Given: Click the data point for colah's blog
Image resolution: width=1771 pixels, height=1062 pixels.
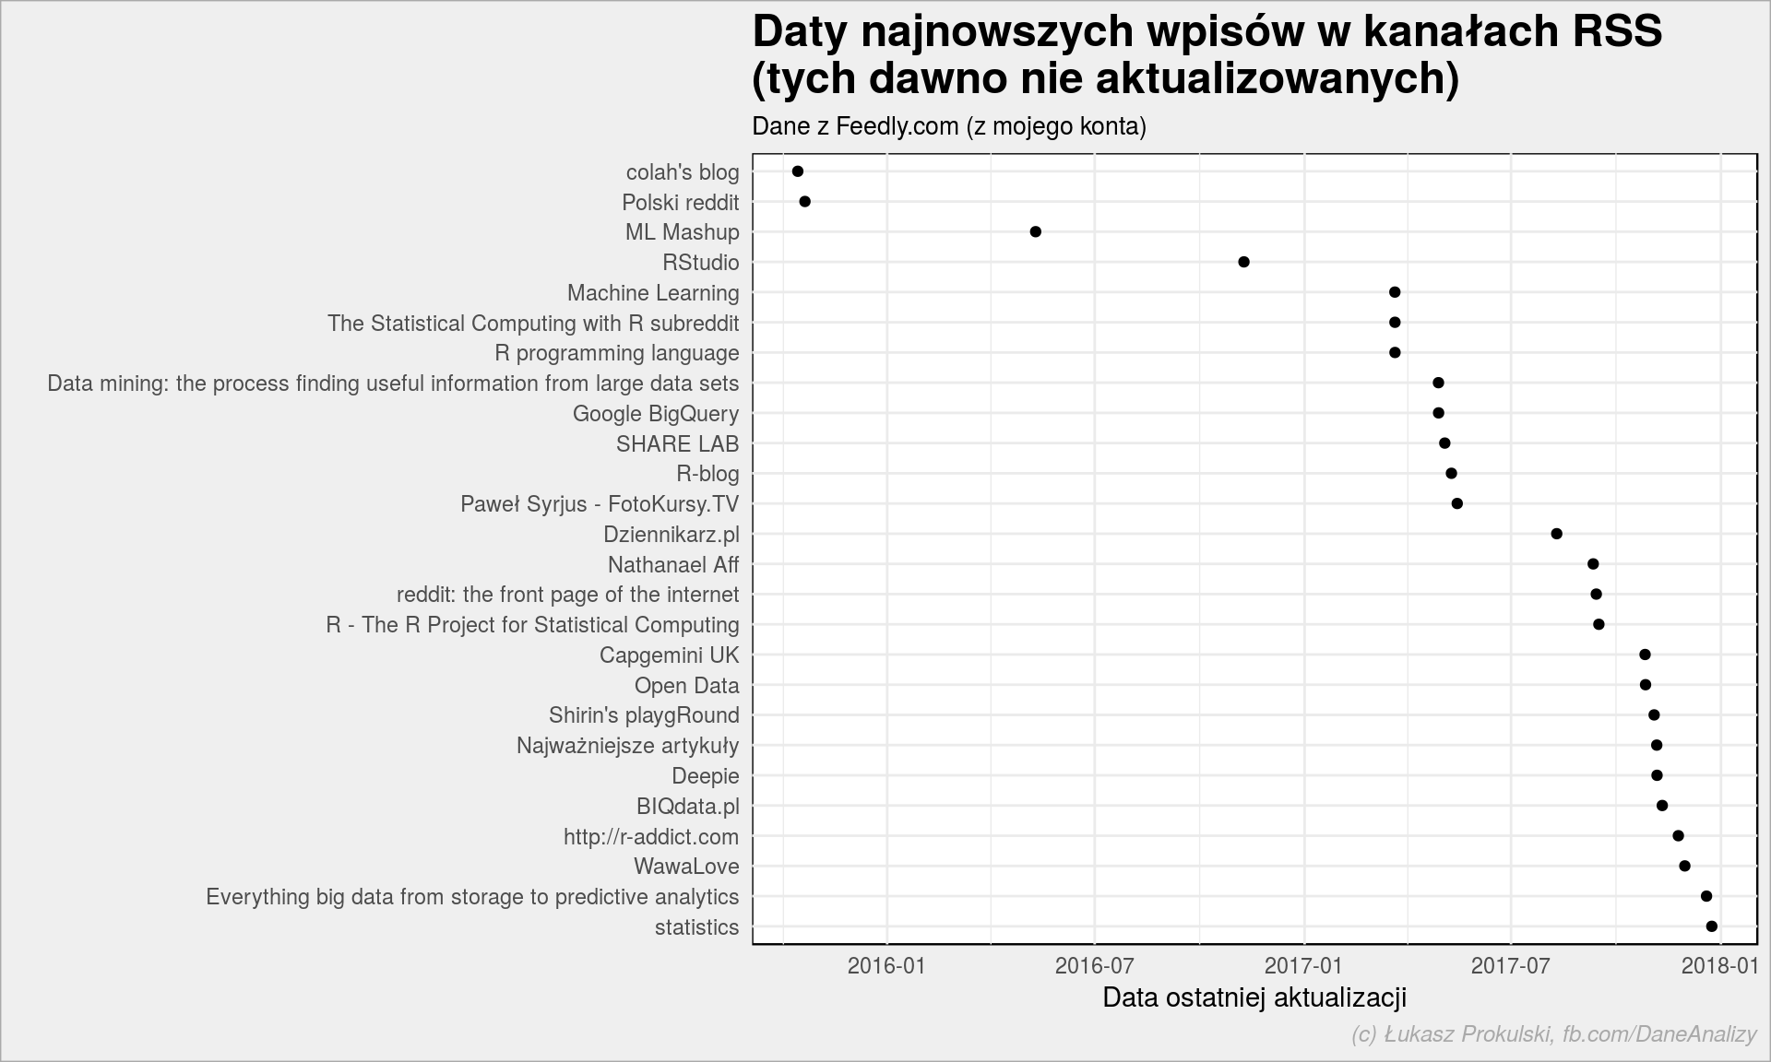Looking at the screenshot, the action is (798, 171).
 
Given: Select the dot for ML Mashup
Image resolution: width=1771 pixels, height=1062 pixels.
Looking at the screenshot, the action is (1036, 231).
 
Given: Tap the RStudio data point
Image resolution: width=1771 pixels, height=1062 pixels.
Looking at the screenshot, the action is (1244, 262).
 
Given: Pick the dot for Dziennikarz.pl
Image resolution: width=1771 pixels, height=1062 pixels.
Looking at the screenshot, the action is (1557, 534).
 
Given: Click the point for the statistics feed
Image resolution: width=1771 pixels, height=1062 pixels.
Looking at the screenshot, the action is (1712, 926).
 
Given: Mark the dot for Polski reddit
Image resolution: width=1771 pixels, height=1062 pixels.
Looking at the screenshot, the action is (804, 202).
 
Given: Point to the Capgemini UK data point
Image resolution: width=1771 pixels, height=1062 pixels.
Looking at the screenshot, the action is (1645, 655).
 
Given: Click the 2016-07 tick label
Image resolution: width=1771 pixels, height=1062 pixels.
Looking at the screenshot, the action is (1094, 966).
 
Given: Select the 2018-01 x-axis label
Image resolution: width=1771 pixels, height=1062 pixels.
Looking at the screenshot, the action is (1720, 966).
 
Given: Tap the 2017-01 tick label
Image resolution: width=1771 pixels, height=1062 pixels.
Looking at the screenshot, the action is (1303, 966).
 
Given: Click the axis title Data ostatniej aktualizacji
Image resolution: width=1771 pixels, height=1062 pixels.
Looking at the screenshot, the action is (1254, 997).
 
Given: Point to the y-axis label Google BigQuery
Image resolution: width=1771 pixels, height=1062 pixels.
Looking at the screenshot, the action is (656, 414).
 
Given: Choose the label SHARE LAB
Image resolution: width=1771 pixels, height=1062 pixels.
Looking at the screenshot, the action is (678, 444).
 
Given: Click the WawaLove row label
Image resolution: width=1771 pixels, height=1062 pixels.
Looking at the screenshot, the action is (686, 867).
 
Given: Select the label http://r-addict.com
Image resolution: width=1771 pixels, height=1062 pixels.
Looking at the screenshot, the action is (651, 837).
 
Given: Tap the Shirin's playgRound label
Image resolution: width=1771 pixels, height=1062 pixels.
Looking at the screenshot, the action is (644, 716).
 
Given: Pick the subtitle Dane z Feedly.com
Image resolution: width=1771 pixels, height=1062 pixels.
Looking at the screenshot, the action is (855, 126).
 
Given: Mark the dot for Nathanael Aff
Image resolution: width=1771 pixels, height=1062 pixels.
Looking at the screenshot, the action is (1593, 564).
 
